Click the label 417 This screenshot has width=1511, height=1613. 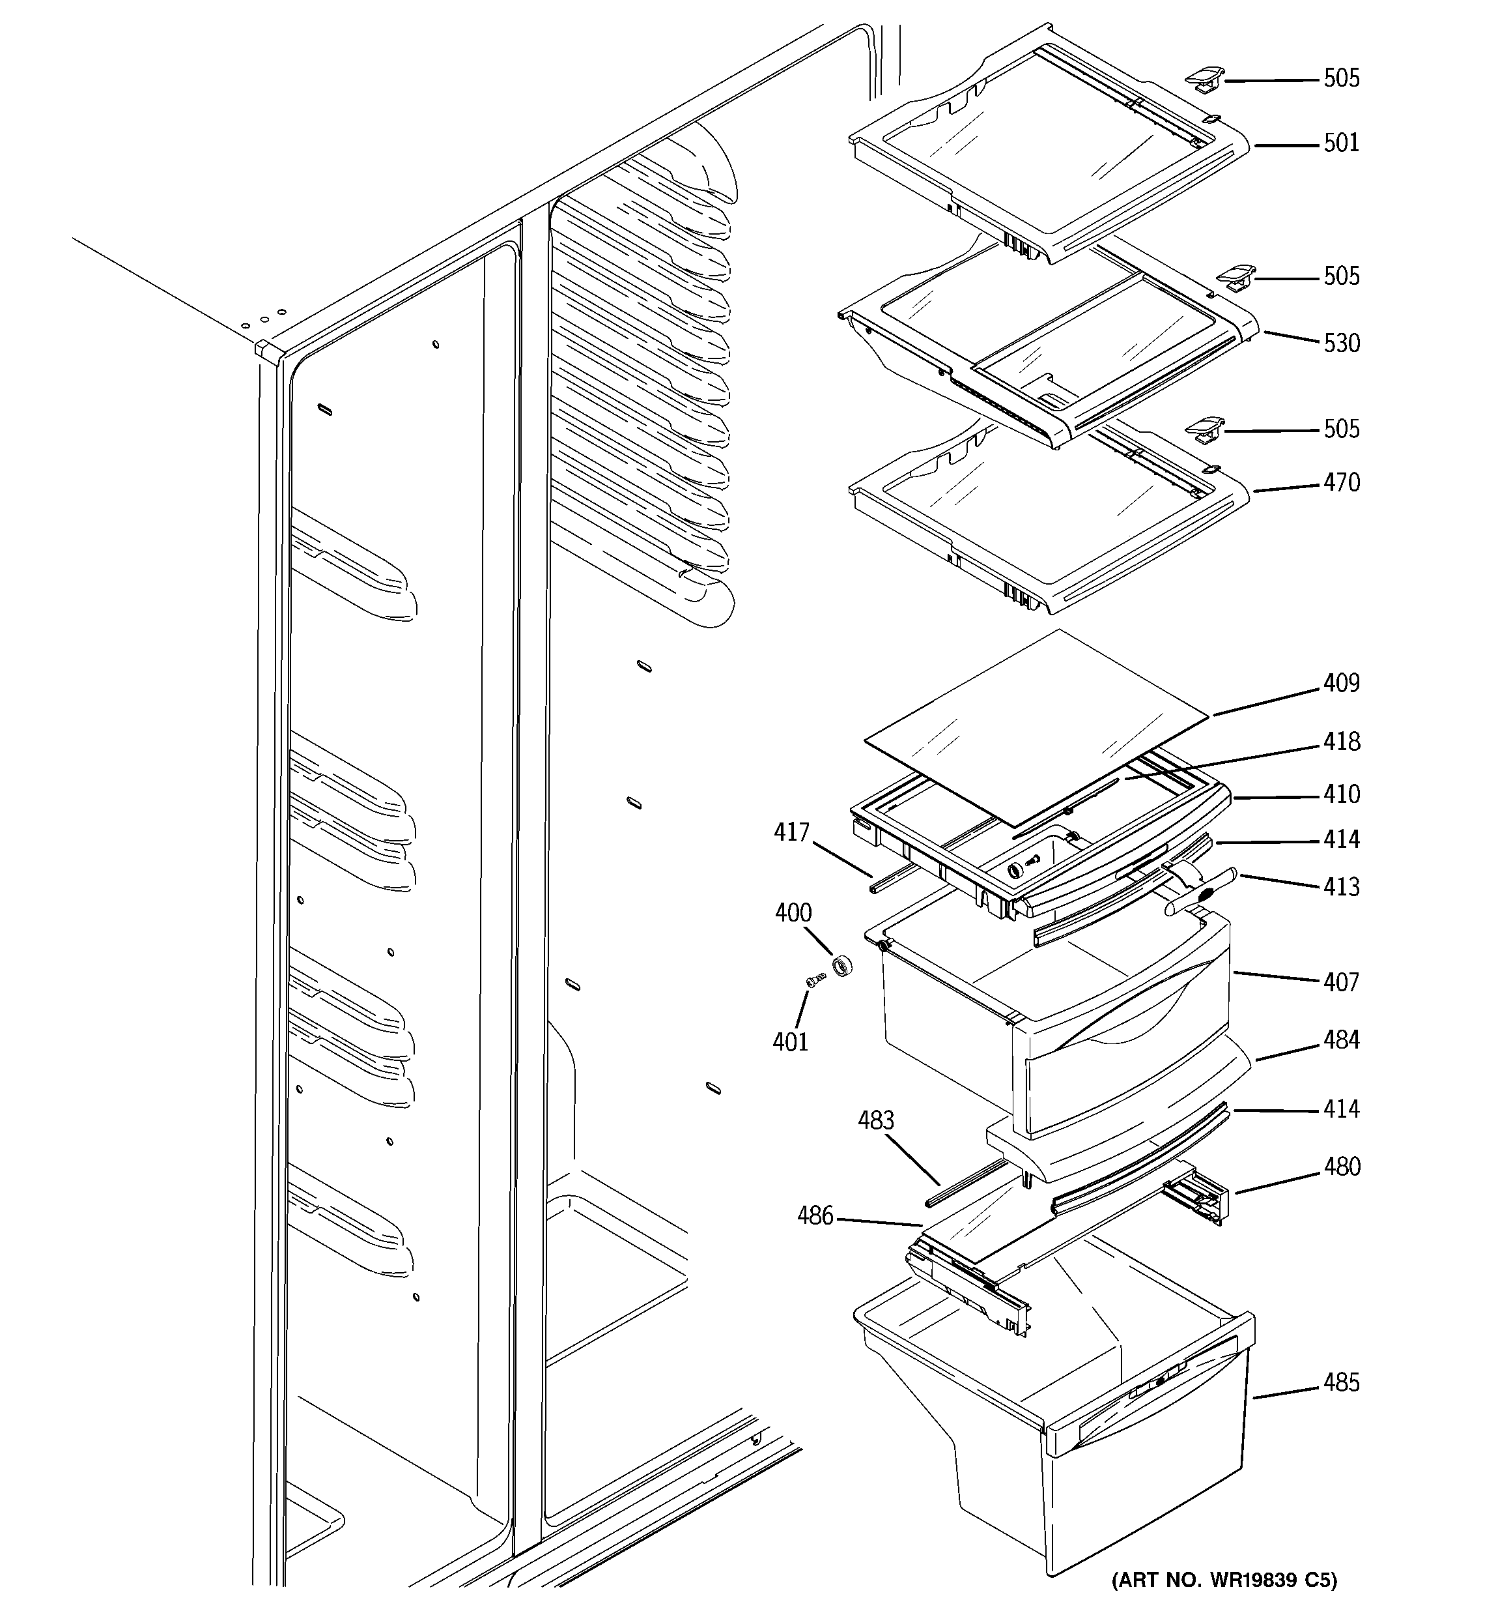[791, 832]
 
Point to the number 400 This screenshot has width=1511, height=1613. [793, 913]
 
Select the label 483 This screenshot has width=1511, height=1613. [876, 1120]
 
